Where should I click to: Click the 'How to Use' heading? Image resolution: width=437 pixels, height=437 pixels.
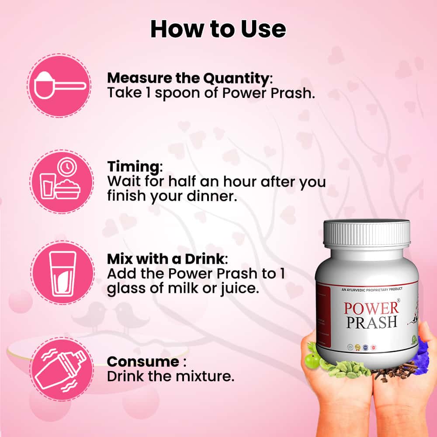pyautogui.click(x=218, y=29)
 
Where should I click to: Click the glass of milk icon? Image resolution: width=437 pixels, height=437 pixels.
pyautogui.click(x=62, y=274)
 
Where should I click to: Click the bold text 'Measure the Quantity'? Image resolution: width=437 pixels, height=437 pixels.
pyautogui.click(x=188, y=78)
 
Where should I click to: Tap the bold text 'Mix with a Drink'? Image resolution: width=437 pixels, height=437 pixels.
pyautogui.click(x=166, y=259)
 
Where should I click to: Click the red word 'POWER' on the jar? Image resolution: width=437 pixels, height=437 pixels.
pyautogui.click(x=371, y=308)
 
